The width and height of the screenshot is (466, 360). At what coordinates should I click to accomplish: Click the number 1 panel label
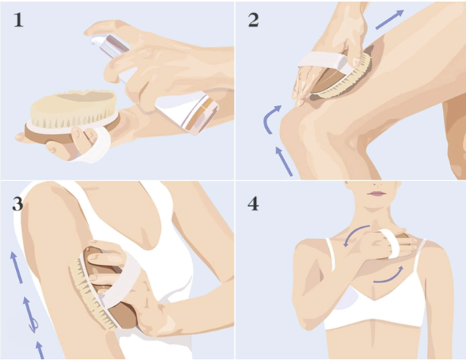18,20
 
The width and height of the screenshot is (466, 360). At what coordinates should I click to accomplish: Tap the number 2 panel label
253,20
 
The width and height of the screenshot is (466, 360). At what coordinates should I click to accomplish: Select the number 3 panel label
17,204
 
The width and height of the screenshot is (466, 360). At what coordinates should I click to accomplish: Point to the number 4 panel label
253,204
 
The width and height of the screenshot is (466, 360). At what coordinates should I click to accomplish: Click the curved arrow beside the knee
269,119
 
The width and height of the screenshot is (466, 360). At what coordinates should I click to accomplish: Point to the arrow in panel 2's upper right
390,20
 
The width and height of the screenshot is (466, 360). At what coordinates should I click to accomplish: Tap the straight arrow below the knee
284,161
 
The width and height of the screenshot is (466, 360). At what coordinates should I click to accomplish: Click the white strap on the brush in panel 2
324,62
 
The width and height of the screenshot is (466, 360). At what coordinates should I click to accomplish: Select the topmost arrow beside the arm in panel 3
16,267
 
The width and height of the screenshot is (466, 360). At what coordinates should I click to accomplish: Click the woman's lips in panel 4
376,194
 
